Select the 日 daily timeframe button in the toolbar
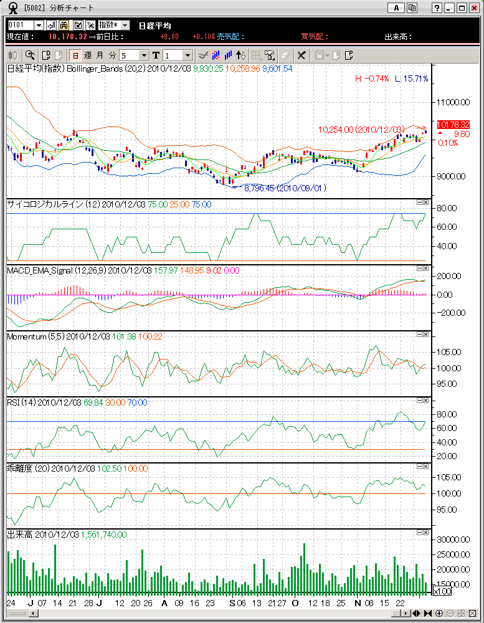point(75,55)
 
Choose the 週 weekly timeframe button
point(87,55)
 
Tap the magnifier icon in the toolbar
point(30,55)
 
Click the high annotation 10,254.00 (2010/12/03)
point(361,130)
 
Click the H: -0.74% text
point(372,78)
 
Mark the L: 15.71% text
point(412,78)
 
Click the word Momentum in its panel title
point(24,336)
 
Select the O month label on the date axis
point(295,603)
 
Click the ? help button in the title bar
point(438,8)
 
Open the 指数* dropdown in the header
point(114,25)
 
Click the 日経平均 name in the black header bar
point(154,26)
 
